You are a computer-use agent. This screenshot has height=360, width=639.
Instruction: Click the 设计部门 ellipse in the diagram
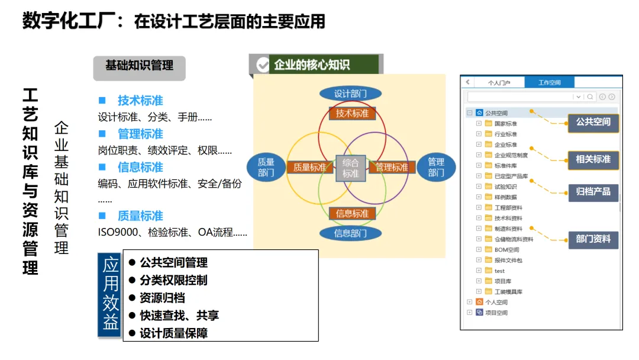coord(350,94)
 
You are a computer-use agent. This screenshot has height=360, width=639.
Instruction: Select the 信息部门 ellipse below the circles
coord(350,233)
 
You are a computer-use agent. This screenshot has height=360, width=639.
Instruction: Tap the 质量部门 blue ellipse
coord(266,167)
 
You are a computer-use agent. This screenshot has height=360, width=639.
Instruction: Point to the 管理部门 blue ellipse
coord(436,167)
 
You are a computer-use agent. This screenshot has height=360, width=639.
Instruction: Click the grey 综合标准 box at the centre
coord(351,168)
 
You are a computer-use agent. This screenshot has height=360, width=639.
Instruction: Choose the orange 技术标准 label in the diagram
coord(352,113)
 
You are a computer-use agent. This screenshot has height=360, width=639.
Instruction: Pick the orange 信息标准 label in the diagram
coord(352,213)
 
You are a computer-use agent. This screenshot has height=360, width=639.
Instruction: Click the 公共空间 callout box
coord(593,122)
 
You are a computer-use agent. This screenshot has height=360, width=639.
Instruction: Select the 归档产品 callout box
coord(593,191)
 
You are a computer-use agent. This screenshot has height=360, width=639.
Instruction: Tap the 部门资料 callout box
coord(593,239)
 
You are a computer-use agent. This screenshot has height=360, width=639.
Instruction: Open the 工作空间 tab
coord(549,82)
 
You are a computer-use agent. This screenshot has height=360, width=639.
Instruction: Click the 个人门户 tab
coord(499,82)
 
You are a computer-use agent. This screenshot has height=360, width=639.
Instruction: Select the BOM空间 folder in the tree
coord(506,249)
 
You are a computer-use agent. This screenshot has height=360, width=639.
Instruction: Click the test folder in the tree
coord(500,271)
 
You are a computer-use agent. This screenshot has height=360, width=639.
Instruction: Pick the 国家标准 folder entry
coord(505,124)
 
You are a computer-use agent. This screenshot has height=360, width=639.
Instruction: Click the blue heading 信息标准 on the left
coord(140,167)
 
